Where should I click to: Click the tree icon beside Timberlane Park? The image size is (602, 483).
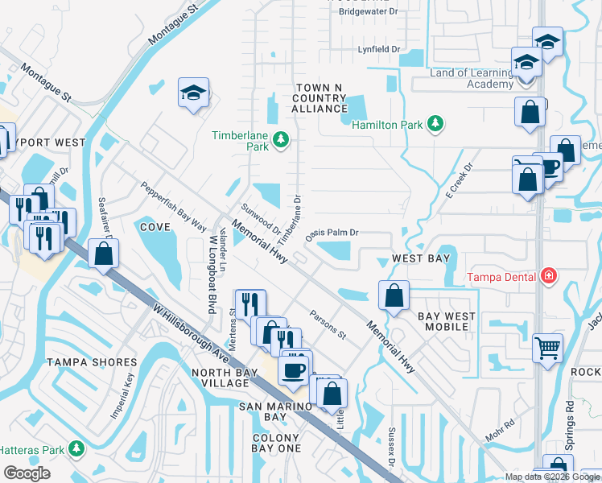[x=281, y=141]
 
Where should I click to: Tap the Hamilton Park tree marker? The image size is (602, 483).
[x=435, y=123]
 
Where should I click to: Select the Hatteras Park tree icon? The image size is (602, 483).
[x=76, y=447]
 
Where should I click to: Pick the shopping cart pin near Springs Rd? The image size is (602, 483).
[x=547, y=348]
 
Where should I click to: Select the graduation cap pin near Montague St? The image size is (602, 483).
[x=194, y=93]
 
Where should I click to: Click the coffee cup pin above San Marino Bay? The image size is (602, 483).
[x=293, y=369]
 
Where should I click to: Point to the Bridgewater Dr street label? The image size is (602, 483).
[x=369, y=11]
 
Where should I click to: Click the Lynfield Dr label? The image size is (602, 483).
[x=379, y=50]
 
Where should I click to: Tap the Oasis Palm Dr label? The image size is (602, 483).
[x=331, y=233]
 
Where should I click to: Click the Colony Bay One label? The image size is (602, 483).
[x=276, y=443]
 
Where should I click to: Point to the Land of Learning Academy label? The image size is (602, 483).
[x=471, y=78]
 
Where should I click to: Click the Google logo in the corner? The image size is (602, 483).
[x=27, y=473]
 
